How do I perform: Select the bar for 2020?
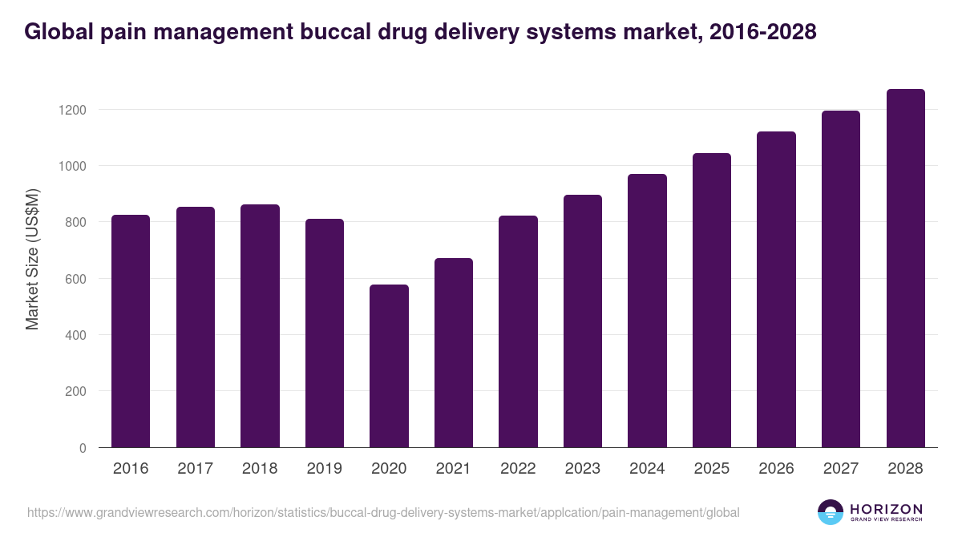coord(389,366)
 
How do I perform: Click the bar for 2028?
coord(905,268)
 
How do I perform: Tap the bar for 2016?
coord(131,331)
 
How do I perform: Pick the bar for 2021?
coord(454,353)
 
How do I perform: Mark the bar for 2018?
coord(260,326)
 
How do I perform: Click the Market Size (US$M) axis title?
coord(33,259)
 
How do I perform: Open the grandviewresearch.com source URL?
coord(383,512)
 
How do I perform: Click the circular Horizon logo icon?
coord(831,512)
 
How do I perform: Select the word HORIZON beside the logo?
coord(886,508)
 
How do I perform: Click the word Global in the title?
coord(57,32)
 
